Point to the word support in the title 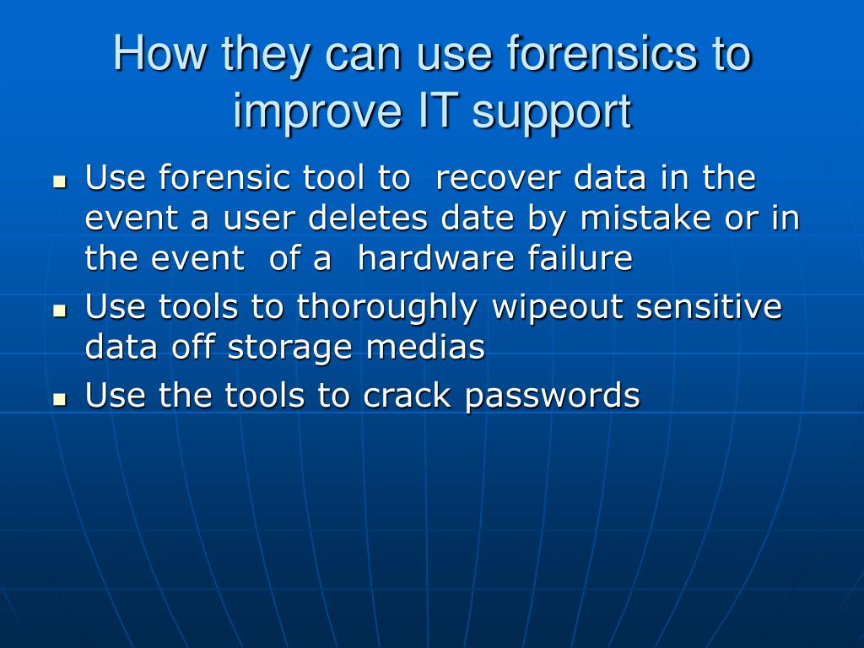coord(551,113)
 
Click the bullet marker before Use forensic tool coord(59,181)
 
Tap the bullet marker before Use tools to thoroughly coord(59,310)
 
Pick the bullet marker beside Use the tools coord(59,398)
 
